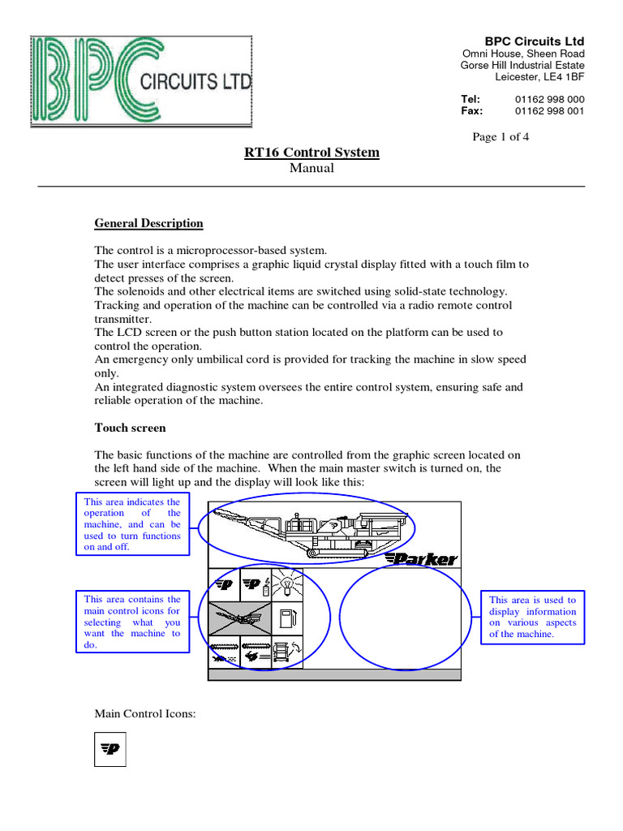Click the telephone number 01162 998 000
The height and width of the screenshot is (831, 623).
[550, 99]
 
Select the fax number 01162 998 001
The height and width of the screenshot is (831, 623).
[550, 111]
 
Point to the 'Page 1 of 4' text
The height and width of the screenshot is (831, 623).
[501, 136]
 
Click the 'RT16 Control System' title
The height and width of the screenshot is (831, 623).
[311, 153]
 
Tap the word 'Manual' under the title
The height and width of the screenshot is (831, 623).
[311, 168]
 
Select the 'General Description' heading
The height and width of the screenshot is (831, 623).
[148, 223]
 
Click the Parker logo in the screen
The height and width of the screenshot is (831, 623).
[421, 558]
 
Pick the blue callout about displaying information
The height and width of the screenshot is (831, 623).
[532, 617]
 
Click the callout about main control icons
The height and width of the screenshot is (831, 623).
[132, 622]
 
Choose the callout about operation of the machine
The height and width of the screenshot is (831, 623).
[132, 524]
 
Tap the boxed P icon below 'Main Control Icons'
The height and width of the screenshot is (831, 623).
[110, 749]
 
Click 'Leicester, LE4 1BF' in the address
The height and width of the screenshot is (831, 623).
[539, 77]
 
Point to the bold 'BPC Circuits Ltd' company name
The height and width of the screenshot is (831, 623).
[534, 41]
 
